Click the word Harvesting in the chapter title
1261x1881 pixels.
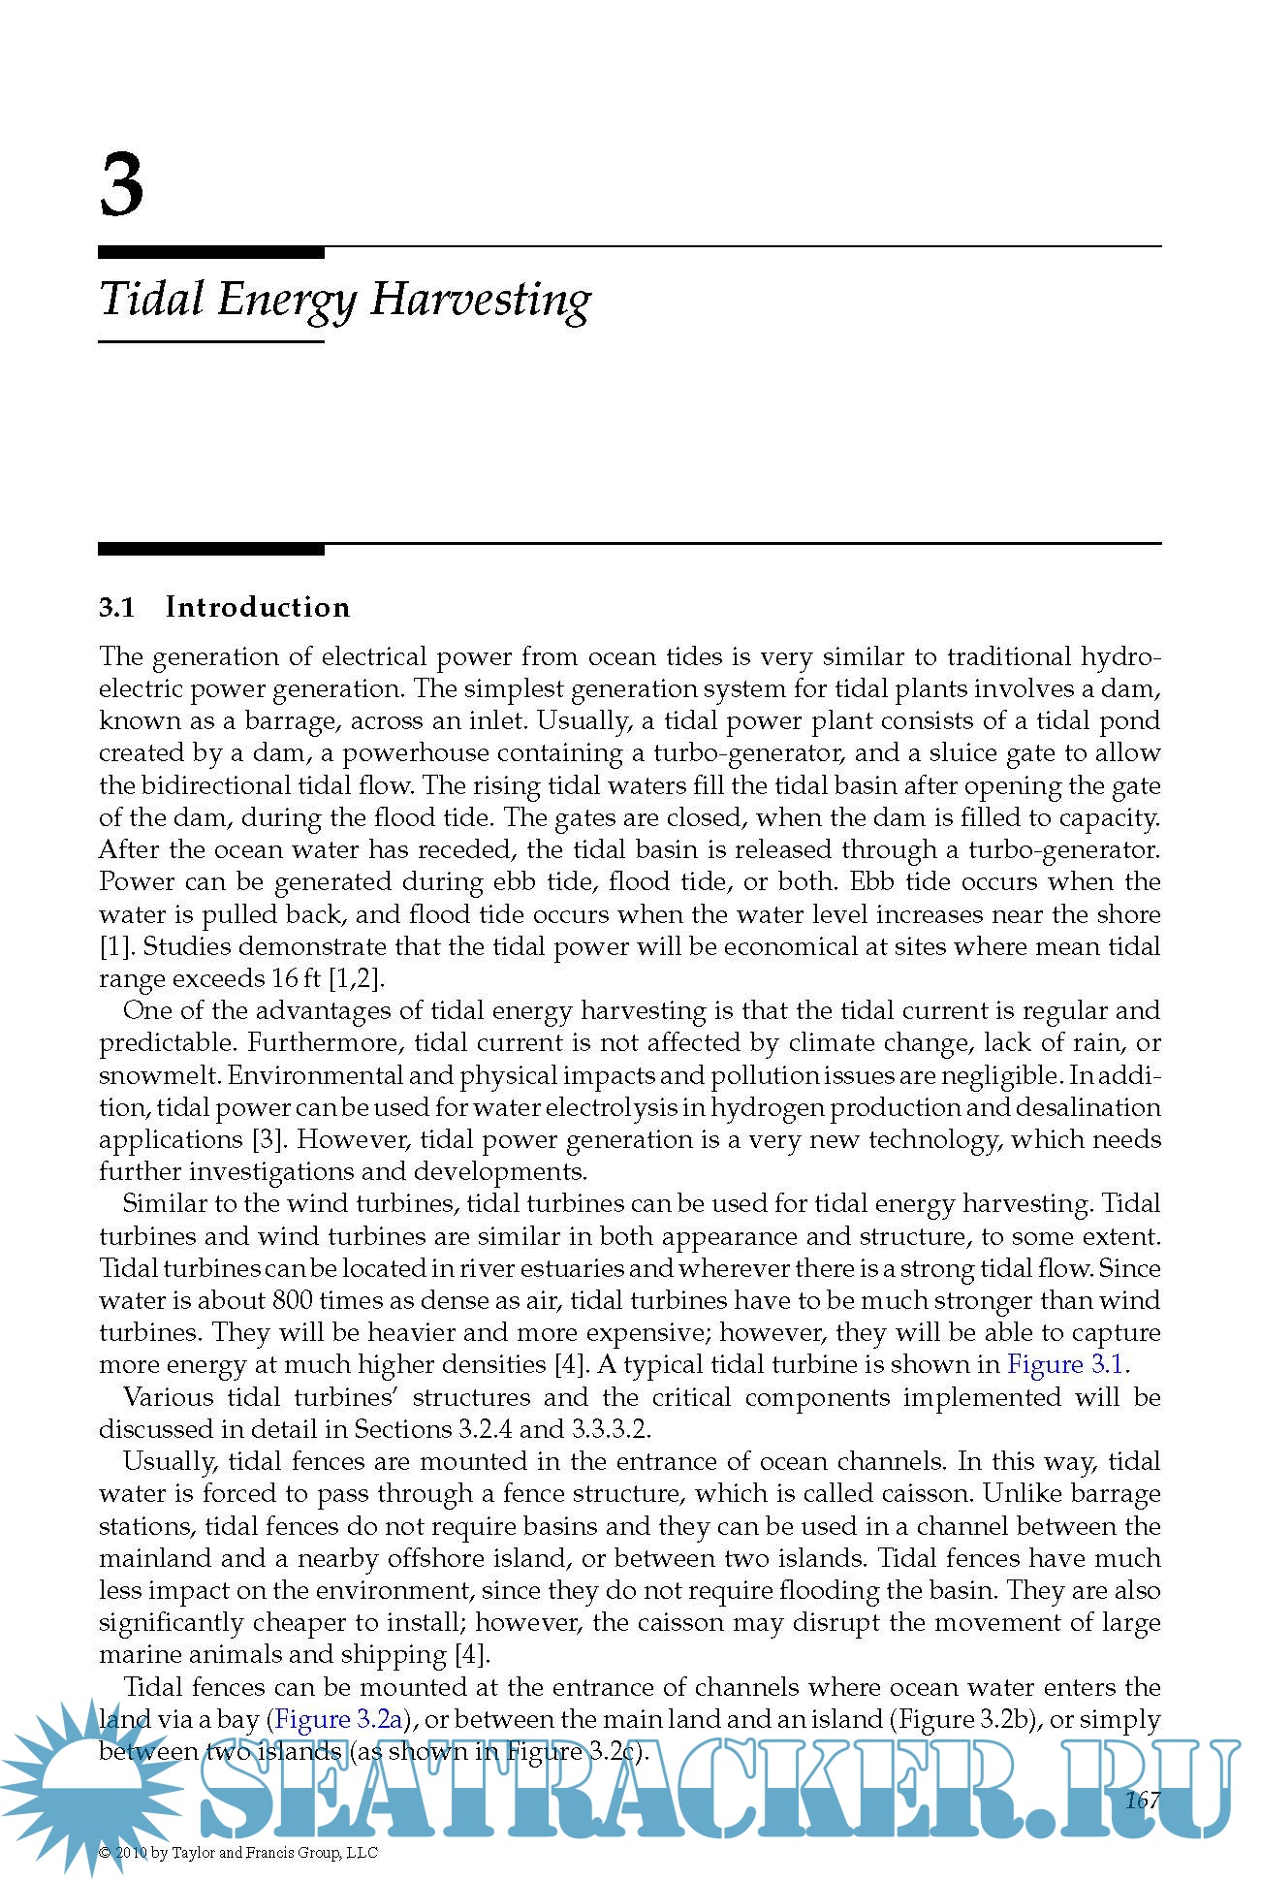tap(481, 300)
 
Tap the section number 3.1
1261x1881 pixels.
tap(116, 608)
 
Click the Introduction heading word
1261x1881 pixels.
tap(258, 608)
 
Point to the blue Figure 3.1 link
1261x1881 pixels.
tap(1065, 1365)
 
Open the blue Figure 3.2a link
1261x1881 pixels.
tap(338, 1720)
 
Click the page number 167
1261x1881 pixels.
tap(1142, 1801)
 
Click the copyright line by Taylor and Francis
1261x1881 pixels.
tap(238, 1853)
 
